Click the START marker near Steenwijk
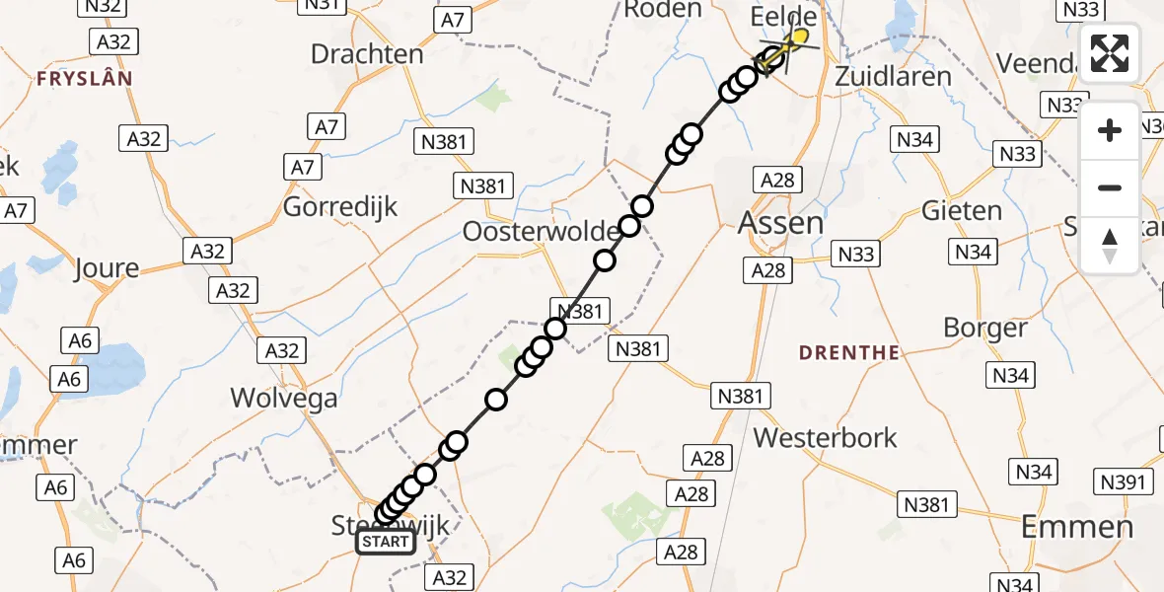[x=386, y=541]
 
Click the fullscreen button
[x=1110, y=53]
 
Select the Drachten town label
[x=367, y=53]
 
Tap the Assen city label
[x=780, y=223]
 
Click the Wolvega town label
[x=284, y=399]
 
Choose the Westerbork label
[x=825, y=437]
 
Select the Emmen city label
[x=1077, y=526]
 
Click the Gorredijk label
[x=340, y=207]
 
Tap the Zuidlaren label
[x=893, y=76]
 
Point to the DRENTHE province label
[x=849, y=352]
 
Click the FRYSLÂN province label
[x=84, y=78]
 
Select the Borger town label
[x=985, y=328]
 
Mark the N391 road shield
[x=1125, y=481]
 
